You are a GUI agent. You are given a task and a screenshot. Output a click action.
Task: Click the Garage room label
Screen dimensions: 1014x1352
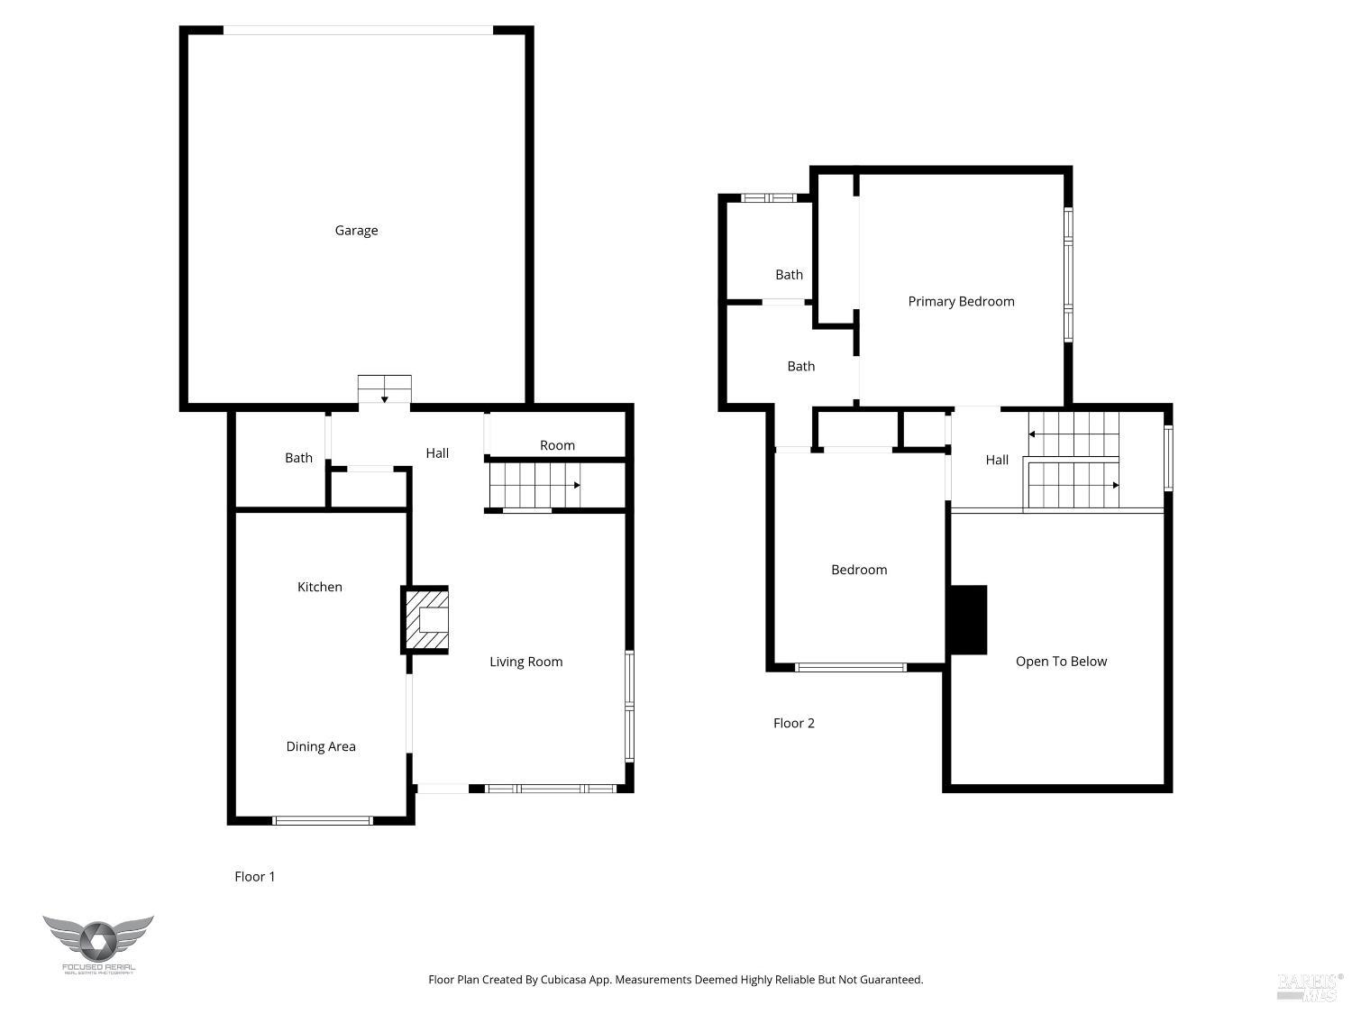(356, 231)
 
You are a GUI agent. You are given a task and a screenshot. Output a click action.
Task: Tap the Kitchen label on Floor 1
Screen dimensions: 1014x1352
(320, 587)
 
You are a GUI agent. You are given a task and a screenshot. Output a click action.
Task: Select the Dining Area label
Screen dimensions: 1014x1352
(321, 746)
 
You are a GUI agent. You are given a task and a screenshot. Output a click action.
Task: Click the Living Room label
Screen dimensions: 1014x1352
(525, 662)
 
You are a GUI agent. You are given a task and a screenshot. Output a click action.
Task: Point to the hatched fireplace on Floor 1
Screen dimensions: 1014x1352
(425, 620)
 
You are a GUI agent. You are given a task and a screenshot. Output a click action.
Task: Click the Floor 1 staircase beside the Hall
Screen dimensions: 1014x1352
(534, 485)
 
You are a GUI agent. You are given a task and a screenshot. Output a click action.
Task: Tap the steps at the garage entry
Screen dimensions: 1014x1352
(385, 390)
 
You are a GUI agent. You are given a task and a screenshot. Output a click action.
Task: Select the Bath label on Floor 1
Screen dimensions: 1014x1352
(298, 458)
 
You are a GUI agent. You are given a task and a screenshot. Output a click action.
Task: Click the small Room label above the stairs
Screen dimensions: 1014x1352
(557, 445)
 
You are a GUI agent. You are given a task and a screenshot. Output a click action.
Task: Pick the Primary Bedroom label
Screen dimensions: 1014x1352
(961, 301)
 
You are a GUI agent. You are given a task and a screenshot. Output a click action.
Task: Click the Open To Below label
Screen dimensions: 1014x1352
(1061, 662)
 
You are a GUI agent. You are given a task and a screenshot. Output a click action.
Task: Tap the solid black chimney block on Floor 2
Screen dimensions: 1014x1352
(968, 620)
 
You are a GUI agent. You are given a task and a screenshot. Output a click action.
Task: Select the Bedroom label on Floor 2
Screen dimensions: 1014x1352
(859, 570)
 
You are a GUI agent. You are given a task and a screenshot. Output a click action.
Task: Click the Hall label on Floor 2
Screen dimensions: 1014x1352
(997, 460)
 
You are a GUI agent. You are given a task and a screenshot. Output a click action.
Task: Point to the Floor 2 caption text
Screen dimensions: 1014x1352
(794, 723)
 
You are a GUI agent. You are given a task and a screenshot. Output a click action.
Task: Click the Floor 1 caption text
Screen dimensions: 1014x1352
(255, 876)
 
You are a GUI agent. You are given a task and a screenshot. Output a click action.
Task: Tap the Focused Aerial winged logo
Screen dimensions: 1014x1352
(97, 940)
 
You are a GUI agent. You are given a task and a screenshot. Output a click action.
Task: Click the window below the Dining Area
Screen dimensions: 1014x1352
(322, 820)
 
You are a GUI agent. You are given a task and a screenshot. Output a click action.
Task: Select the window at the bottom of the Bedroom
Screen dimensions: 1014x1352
(850, 668)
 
